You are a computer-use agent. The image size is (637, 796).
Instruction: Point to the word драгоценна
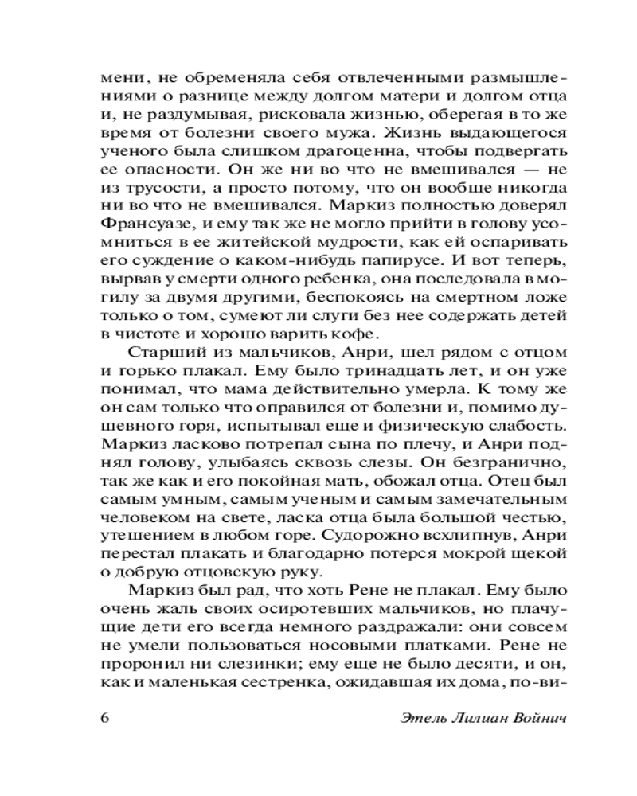(402, 150)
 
